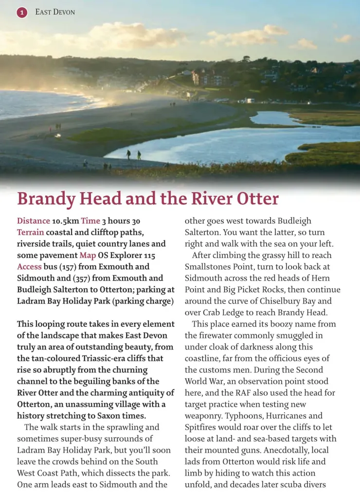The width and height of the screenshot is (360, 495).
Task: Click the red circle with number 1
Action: (21, 12)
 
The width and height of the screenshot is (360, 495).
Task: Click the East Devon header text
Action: (55, 12)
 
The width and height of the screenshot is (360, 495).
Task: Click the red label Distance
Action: (34, 221)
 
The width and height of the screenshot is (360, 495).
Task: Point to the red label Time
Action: (90, 221)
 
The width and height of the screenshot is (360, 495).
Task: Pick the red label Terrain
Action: (31, 233)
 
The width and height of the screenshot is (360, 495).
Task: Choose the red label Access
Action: (29, 267)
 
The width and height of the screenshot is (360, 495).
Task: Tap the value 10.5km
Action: (65, 221)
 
